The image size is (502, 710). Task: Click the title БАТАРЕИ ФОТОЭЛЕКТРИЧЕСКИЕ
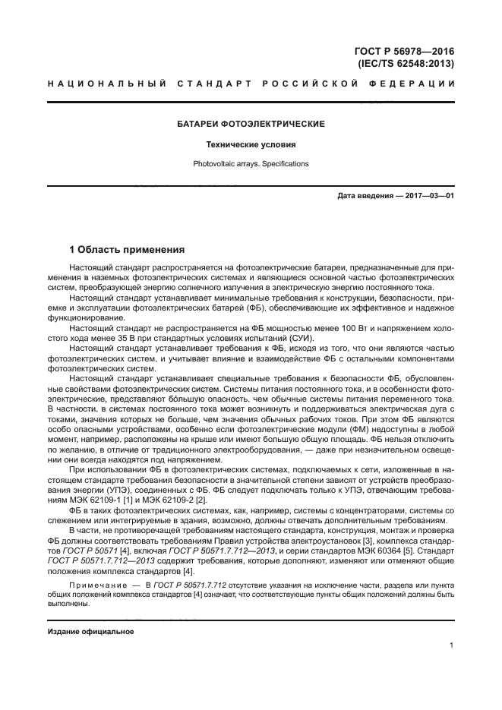(x=251, y=123)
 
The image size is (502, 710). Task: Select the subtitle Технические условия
(x=251, y=144)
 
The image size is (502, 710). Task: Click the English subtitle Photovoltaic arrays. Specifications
(x=251, y=163)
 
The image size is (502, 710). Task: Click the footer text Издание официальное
(x=90, y=632)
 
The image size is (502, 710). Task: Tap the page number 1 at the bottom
(x=451, y=646)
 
